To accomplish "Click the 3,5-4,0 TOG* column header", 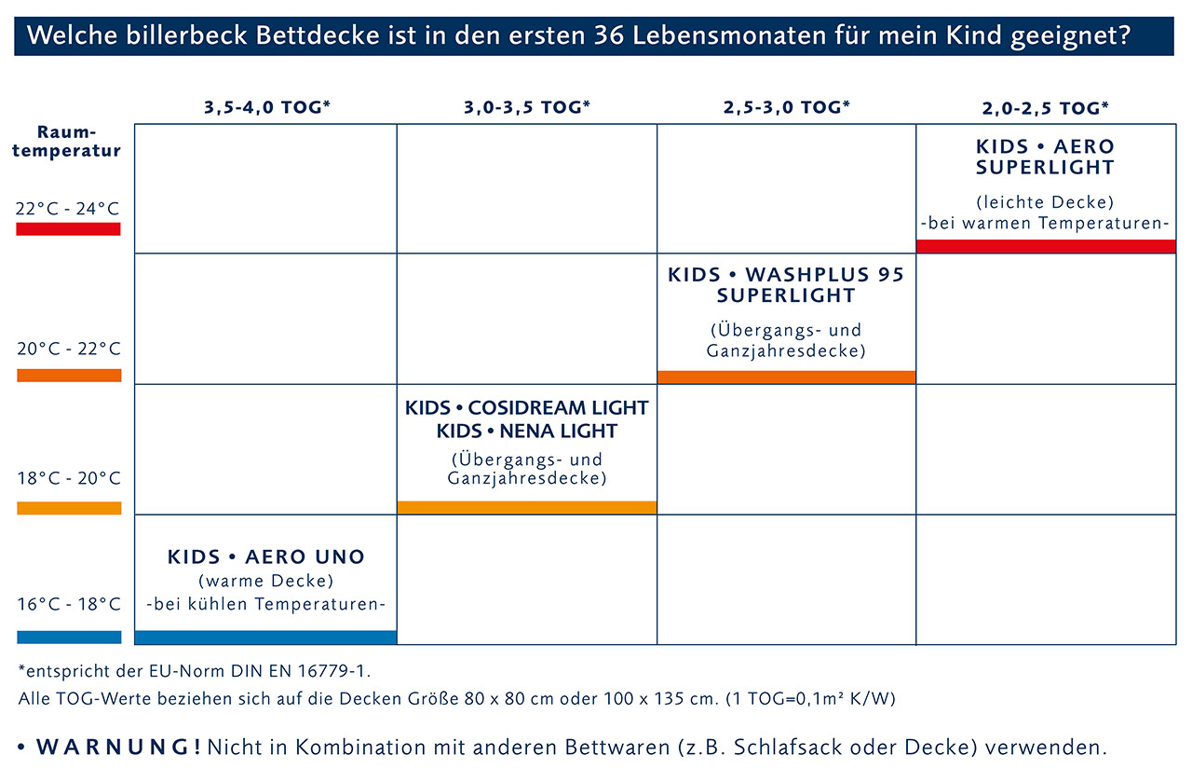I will click(266, 107).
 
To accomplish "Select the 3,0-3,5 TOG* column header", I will click(527, 107).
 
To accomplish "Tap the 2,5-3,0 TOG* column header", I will click(786, 107).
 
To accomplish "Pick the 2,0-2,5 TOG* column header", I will click(1045, 107).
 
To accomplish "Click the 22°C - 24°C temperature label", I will click(68, 208).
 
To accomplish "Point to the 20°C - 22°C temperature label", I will click(68, 350).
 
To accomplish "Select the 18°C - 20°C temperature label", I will click(68, 478).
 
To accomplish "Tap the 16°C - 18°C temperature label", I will click(68, 604).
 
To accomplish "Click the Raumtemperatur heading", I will click(66, 142).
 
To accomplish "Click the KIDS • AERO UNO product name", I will click(266, 557).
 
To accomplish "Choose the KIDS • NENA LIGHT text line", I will click(527, 432).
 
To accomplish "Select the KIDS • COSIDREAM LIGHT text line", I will click(527, 408).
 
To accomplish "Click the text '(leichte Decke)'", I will click(1045, 201).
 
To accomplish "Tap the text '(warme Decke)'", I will click(266, 582).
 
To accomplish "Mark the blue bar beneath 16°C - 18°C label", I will click(69, 638).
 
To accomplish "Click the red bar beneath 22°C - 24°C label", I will click(69, 229).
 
